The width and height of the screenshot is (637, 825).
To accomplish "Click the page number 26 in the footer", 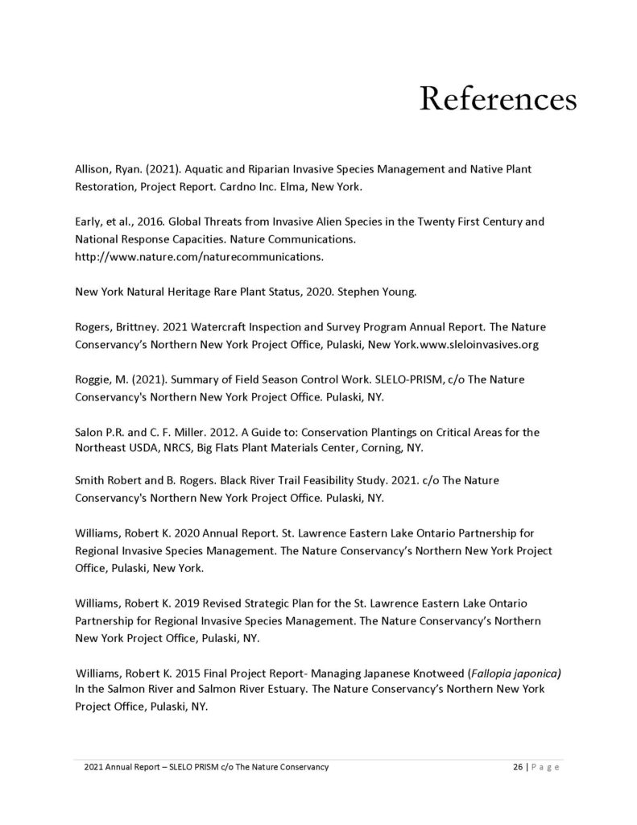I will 518,768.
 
